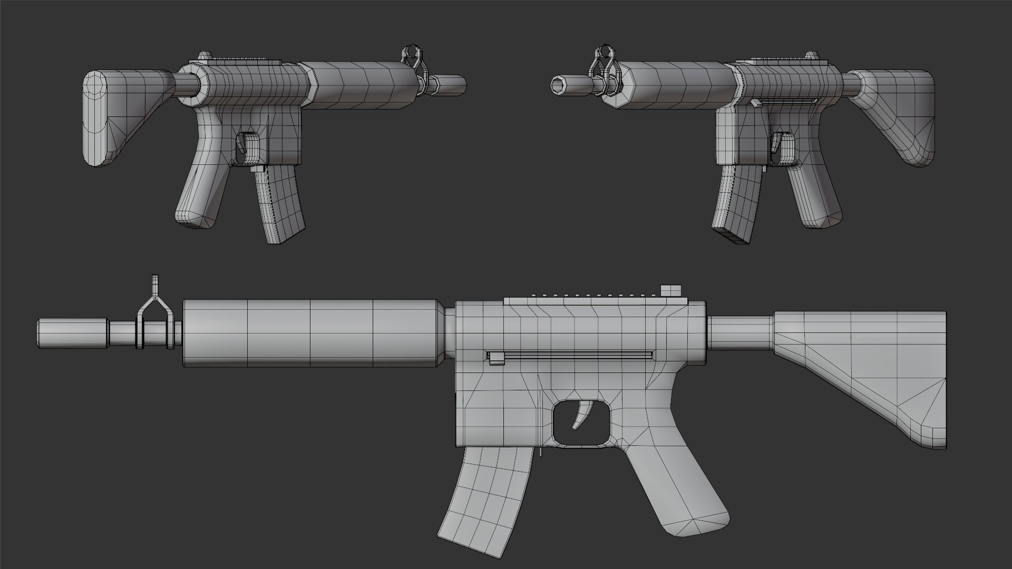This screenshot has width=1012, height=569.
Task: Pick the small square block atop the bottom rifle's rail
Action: click(670, 291)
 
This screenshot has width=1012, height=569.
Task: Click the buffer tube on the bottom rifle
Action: click(741, 333)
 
